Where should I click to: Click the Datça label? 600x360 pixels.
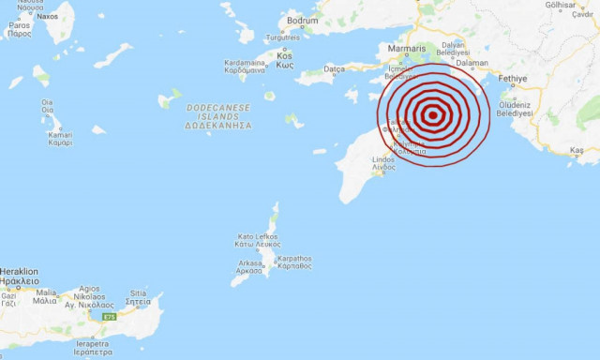(x=335, y=68)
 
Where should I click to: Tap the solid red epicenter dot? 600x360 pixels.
(x=432, y=115)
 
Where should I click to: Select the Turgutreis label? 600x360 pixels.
(x=282, y=37)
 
